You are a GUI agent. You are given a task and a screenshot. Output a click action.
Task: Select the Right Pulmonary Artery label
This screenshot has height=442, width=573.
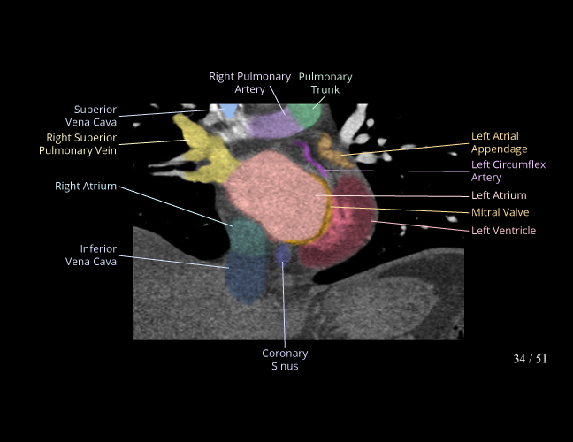(249, 82)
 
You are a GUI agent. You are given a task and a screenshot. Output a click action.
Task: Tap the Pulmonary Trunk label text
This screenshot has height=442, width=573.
(325, 82)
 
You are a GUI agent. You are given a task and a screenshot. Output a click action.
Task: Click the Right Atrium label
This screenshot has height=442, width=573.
(85, 187)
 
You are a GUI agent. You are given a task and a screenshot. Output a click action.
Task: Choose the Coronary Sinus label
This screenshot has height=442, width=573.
(285, 360)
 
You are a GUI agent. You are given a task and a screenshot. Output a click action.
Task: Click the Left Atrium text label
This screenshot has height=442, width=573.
(498, 195)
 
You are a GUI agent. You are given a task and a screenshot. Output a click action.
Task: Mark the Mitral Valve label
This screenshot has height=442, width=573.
(500, 213)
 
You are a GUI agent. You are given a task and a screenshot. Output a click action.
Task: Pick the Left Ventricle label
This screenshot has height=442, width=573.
(503, 231)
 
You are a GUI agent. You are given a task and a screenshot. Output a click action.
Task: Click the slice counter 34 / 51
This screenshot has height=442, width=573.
(530, 359)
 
